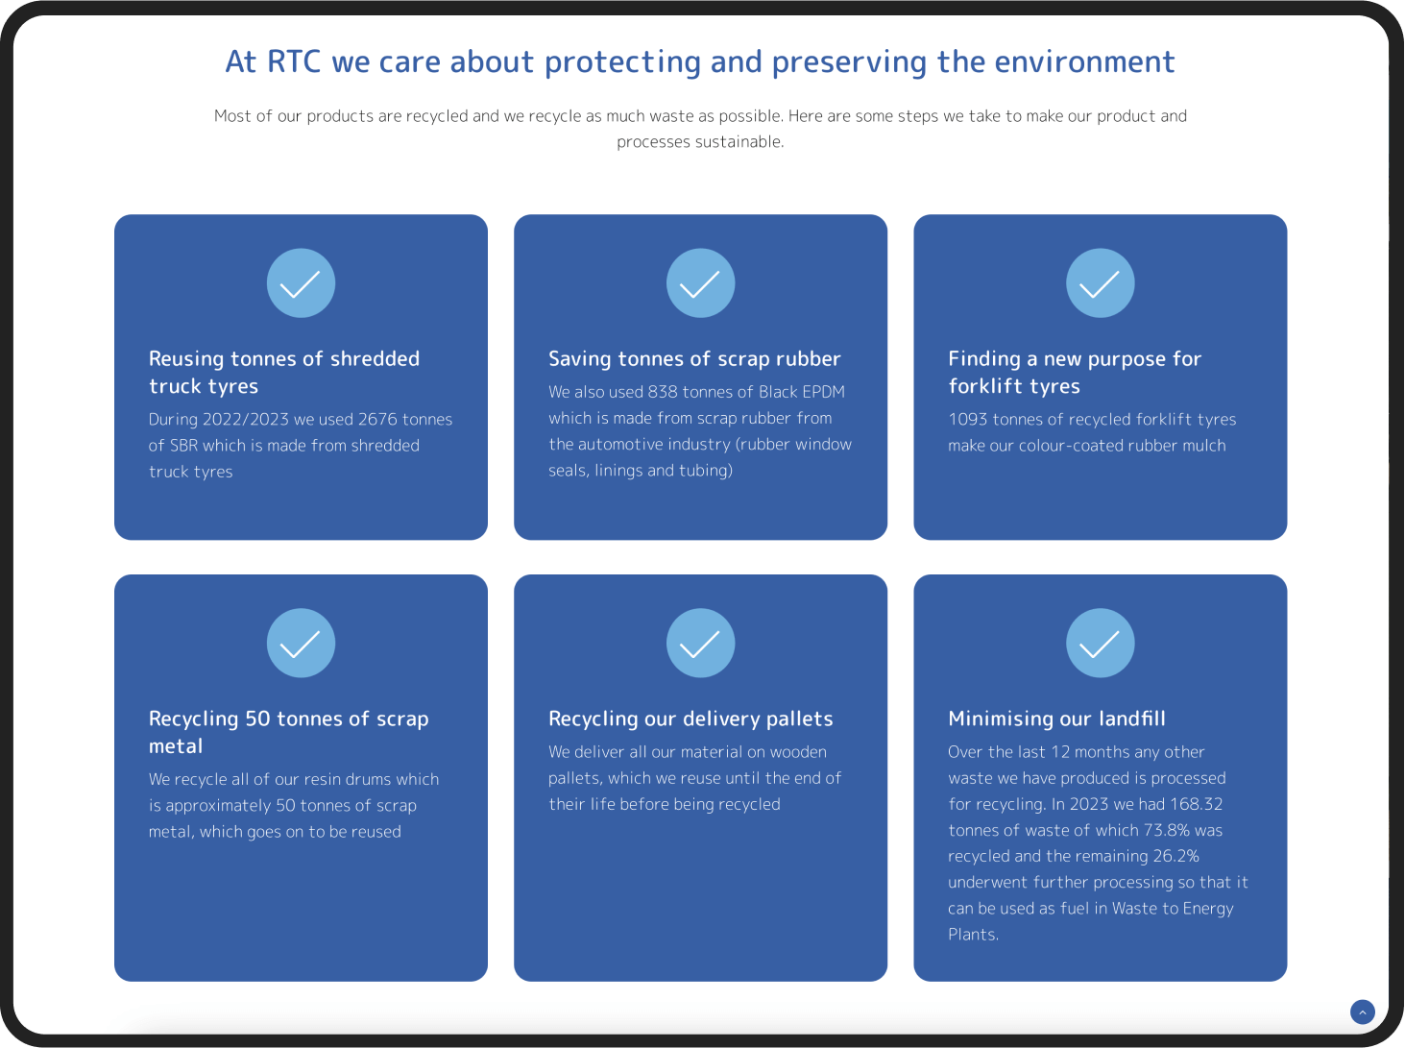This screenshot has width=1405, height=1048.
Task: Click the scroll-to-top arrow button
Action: (x=1362, y=1012)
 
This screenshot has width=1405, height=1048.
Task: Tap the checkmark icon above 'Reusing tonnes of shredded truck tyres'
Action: (x=301, y=283)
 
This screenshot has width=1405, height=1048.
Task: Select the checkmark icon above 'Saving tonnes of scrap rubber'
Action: (x=700, y=283)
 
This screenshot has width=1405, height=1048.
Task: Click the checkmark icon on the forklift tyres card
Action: (x=1100, y=283)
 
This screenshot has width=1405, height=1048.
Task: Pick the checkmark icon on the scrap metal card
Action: (x=301, y=643)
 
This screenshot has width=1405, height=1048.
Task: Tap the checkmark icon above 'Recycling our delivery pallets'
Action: (x=700, y=643)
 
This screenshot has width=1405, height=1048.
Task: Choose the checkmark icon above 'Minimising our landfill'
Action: (x=1100, y=643)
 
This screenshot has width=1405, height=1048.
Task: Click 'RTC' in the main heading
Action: (x=294, y=62)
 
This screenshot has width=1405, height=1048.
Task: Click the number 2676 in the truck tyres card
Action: (x=377, y=420)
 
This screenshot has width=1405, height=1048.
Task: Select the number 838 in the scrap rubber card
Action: (x=663, y=392)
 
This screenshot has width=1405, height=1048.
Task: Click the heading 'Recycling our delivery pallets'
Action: (x=690, y=719)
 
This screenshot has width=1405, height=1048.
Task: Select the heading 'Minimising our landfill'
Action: (x=1056, y=719)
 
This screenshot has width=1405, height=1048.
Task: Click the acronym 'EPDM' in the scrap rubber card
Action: (x=823, y=392)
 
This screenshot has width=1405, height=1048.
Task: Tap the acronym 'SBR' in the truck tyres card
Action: (x=183, y=446)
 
